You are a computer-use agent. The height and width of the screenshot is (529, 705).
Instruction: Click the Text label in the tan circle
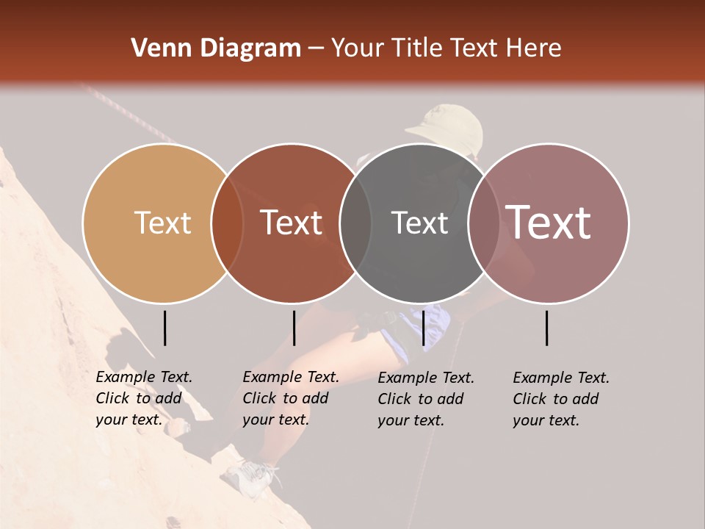tap(162, 223)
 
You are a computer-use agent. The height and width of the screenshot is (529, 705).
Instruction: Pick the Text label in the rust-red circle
tap(291, 223)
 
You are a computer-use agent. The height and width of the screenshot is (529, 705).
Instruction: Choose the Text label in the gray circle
tap(419, 223)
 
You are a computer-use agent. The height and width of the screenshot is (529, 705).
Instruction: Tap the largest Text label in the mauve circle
tap(549, 223)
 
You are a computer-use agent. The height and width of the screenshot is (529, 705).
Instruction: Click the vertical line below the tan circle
tap(164, 328)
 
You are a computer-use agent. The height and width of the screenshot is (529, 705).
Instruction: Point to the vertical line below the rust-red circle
tap(294, 328)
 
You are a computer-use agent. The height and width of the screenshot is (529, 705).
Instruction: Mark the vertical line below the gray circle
tap(423, 328)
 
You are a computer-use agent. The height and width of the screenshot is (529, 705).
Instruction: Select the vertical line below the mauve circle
tap(547, 328)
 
